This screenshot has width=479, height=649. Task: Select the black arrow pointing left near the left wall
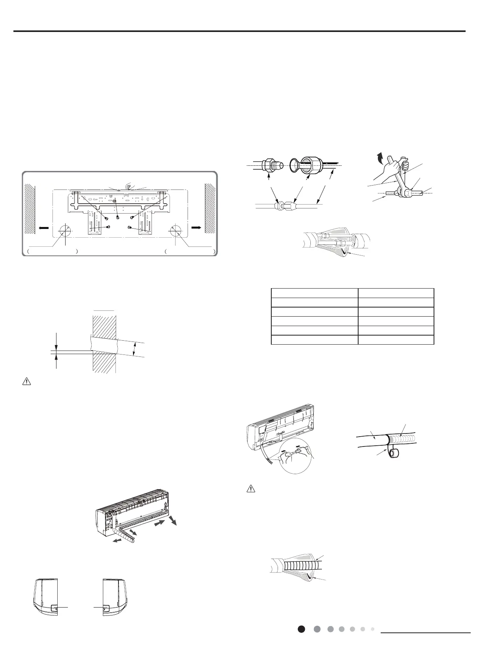click(x=43, y=228)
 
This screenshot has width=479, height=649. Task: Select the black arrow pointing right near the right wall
click(x=196, y=228)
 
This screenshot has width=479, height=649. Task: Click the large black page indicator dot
click(x=301, y=629)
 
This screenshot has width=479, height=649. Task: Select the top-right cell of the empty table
click(x=396, y=293)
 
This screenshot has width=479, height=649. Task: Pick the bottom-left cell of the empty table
click(x=314, y=340)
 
